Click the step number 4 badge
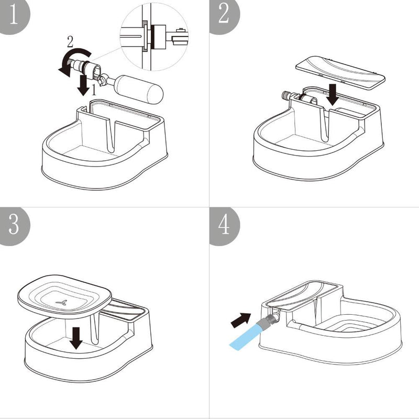(x=223, y=225)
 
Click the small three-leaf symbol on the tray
(x=61, y=302)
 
